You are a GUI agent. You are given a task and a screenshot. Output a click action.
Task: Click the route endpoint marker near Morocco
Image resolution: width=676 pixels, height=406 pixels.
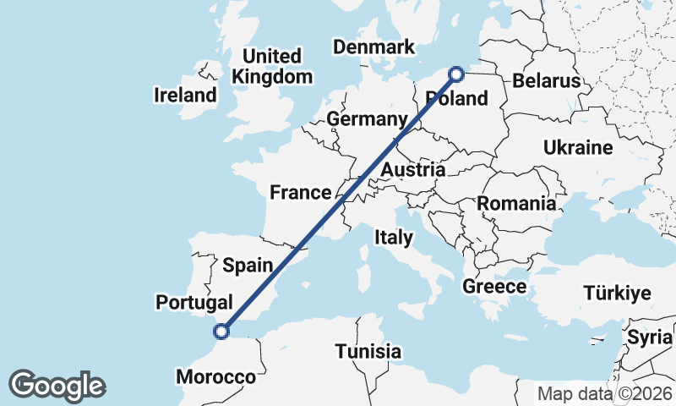(221, 332)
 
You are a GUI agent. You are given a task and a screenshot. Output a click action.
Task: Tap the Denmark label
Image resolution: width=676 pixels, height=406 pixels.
(374, 47)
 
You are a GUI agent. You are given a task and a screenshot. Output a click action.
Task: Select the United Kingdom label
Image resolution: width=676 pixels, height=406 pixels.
(272, 66)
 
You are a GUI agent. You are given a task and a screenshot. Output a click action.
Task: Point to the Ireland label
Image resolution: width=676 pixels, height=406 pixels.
(185, 95)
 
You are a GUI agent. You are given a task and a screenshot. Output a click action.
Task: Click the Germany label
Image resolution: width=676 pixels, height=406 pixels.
(368, 119)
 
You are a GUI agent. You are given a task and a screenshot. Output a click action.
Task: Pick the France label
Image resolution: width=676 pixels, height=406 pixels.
(300, 193)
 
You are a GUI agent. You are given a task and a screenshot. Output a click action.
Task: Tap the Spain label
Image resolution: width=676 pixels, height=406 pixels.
(248, 265)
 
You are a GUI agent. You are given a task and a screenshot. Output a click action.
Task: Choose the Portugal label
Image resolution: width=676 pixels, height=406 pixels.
(194, 302)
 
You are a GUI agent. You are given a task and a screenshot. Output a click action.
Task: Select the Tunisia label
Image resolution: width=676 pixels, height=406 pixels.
(368, 351)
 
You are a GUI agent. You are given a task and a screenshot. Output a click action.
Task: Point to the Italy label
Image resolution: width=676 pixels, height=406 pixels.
(394, 238)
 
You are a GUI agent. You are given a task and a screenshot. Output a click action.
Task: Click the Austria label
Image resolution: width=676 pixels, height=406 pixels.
(412, 170)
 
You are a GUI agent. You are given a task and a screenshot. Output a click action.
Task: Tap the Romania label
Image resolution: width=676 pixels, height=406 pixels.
(516, 203)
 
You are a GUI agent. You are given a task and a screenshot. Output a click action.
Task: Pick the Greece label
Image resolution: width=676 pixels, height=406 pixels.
(494, 287)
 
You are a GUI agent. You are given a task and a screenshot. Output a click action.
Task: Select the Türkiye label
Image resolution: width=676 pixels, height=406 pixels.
(617, 294)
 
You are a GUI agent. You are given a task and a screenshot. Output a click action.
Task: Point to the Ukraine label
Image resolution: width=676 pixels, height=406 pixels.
(578, 148)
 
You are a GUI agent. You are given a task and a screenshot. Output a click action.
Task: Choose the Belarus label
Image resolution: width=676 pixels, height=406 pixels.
(548, 81)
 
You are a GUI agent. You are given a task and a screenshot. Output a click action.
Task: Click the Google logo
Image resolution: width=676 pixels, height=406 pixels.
(57, 386)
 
